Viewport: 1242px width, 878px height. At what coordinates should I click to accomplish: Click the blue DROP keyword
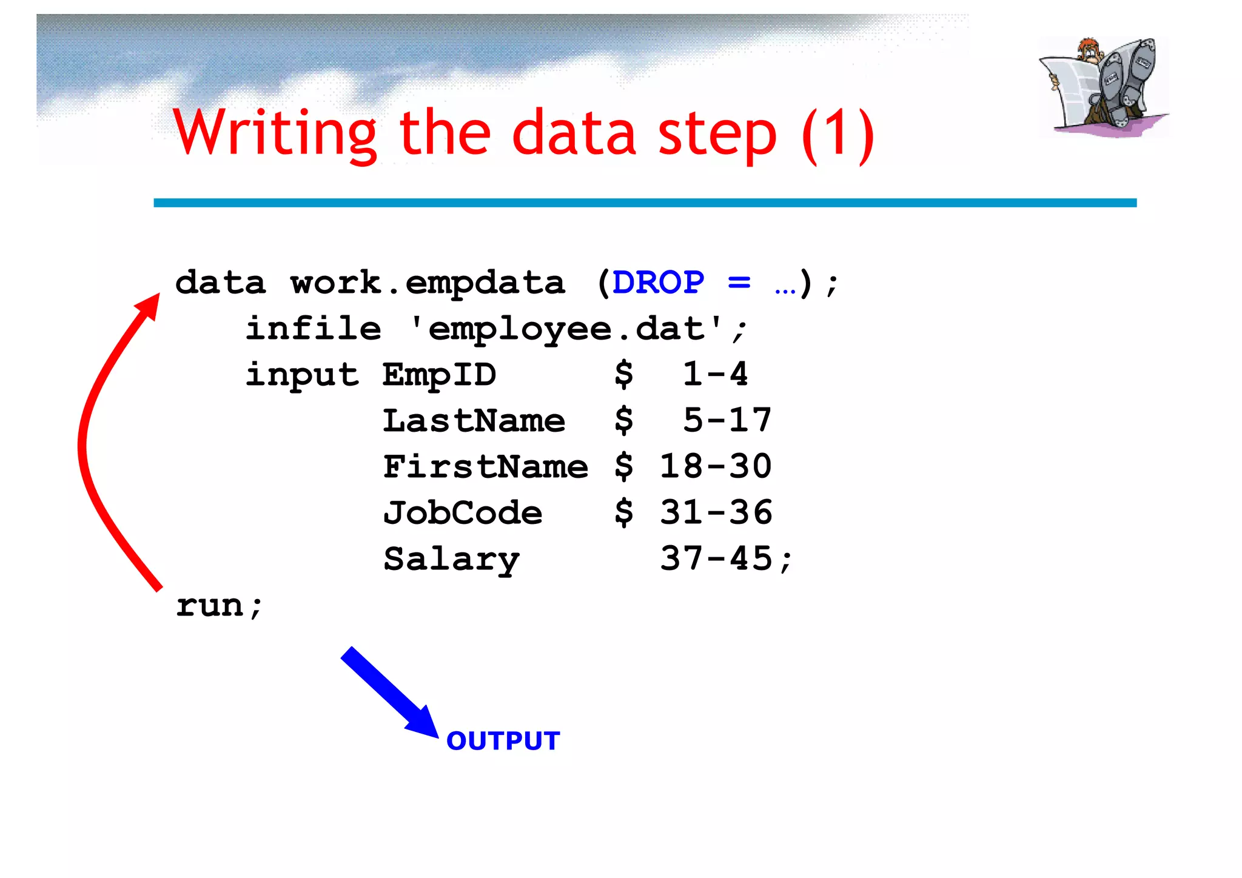pyautogui.click(x=658, y=283)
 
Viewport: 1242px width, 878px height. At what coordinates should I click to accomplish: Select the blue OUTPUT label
pyautogui.click(x=503, y=741)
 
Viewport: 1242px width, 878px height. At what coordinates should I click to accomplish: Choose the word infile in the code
pyautogui.click(x=314, y=329)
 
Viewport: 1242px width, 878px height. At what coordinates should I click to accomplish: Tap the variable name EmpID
pyautogui.click(x=439, y=375)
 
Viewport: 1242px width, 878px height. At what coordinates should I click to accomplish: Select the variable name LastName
pyautogui.click(x=474, y=421)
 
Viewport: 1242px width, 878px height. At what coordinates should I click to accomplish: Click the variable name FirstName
pyautogui.click(x=485, y=467)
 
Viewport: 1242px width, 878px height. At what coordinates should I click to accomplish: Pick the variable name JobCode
pyautogui.click(x=462, y=513)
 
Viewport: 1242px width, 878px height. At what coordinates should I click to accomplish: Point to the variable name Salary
pyautogui.click(x=451, y=559)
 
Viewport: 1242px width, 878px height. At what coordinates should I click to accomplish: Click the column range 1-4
pyautogui.click(x=716, y=374)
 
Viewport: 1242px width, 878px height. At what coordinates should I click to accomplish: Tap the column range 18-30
pyautogui.click(x=716, y=467)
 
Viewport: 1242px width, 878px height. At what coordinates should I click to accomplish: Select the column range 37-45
pyautogui.click(x=716, y=559)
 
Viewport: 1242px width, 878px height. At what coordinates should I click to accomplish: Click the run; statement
pyautogui.click(x=219, y=605)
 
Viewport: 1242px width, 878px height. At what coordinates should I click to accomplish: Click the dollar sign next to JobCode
pyautogui.click(x=624, y=513)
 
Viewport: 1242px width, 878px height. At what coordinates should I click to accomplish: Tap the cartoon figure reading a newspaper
pyautogui.click(x=1103, y=86)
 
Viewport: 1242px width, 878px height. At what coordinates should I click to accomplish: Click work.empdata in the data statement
pyautogui.click(x=428, y=283)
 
